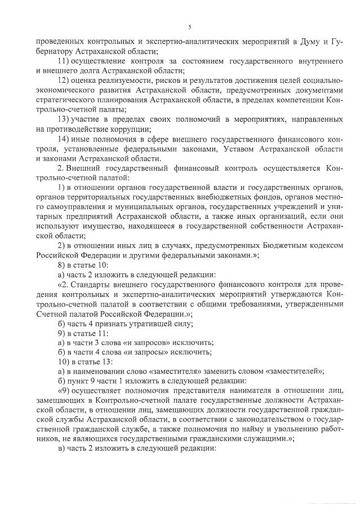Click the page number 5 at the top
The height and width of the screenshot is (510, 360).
pos(190,28)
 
